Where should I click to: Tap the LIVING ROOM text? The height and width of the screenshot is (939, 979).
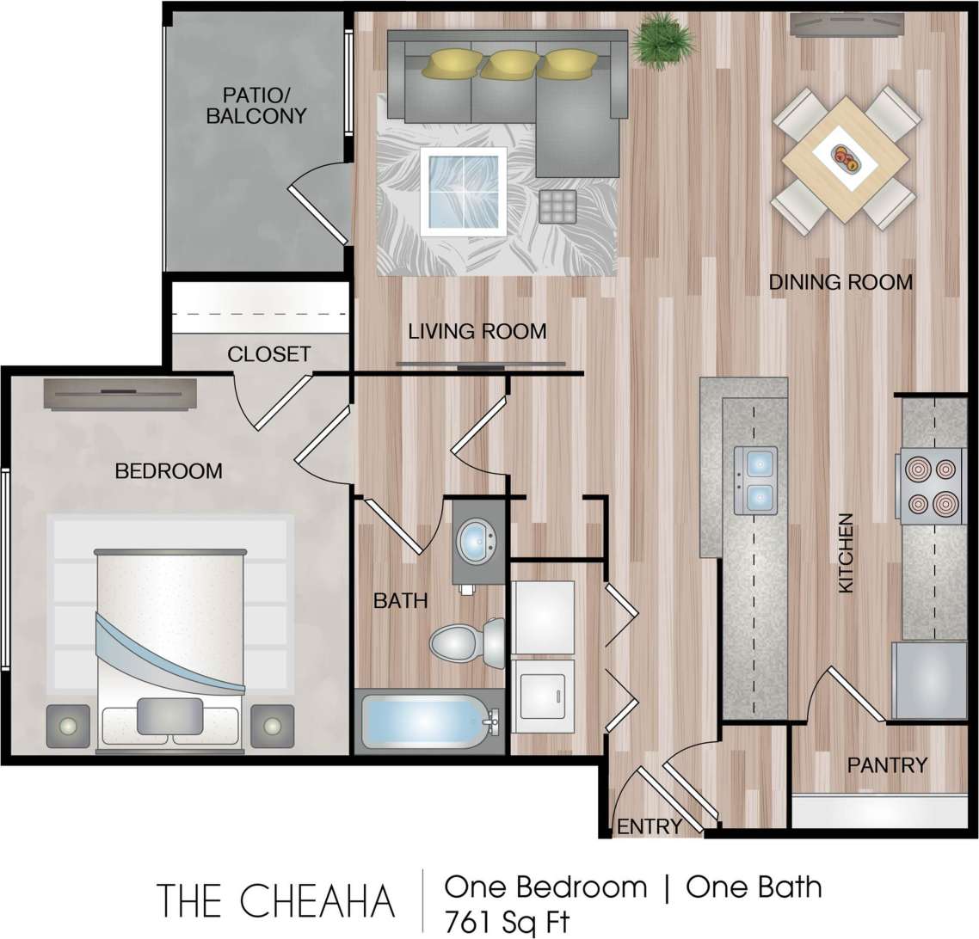477,331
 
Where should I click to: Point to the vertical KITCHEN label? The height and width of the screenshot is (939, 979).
846,553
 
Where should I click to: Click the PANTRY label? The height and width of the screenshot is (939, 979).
887,764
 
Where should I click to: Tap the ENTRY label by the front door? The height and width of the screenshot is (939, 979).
650,826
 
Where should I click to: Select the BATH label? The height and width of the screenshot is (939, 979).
400,600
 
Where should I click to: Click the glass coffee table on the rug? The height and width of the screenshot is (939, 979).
463,191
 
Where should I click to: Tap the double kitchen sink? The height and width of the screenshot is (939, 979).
755,480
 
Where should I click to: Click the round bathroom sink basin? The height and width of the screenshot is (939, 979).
475,541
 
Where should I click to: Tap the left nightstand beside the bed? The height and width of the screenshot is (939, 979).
67,726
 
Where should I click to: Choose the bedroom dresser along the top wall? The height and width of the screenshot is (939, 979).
120,393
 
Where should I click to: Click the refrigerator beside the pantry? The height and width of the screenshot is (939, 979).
929,680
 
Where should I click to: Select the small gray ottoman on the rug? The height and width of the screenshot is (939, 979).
558,206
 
